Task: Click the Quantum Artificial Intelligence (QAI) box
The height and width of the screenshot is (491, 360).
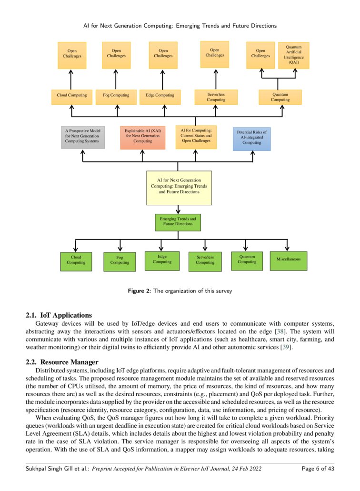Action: pos(293,55)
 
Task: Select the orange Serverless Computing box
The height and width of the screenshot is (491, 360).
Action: pos(216,97)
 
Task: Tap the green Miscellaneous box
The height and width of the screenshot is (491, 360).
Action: pos(288,260)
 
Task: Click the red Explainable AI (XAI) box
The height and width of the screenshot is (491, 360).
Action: pos(142,137)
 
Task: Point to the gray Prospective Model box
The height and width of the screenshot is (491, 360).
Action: pos(83,137)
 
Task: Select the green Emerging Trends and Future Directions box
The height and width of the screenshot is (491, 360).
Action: pos(178,222)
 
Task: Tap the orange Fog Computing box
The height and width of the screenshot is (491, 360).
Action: pos(116,95)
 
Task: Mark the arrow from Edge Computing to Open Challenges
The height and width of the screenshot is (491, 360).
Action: pos(163,79)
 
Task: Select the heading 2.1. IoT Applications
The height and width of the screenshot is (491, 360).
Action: pos(58,315)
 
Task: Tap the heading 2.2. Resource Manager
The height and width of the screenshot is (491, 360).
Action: pos(61,362)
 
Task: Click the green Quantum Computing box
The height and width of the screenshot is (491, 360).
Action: pos(247,261)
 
